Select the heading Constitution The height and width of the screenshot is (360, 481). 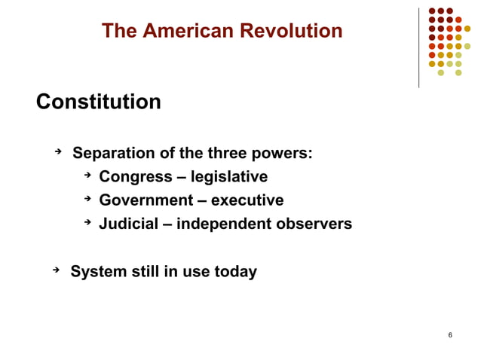click(x=99, y=102)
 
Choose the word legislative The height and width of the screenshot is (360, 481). click(x=228, y=178)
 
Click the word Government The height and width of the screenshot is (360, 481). click(x=146, y=201)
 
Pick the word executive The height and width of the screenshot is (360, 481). click(x=247, y=201)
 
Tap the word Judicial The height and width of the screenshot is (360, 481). click(x=129, y=224)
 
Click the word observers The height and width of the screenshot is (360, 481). click(x=315, y=224)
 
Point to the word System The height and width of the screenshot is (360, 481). click(x=97, y=272)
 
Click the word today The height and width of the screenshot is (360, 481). click(x=234, y=272)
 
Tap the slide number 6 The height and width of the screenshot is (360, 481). click(x=450, y=334)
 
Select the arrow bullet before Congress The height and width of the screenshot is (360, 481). click(x=87, y=176)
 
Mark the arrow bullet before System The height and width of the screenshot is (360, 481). click(x=57, y=270)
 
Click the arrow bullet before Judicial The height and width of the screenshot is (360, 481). click(x=87, y=223)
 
